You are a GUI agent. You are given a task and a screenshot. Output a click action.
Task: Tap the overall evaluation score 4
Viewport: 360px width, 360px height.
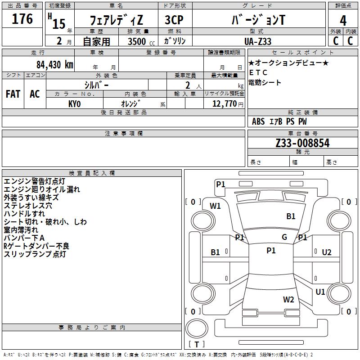(343, 21)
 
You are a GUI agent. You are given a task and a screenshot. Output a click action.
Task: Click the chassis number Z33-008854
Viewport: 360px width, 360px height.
(302, 144)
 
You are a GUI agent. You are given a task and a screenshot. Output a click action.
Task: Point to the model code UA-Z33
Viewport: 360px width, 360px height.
(258, 41)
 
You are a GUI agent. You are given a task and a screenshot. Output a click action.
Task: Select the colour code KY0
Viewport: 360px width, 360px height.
(74, 103)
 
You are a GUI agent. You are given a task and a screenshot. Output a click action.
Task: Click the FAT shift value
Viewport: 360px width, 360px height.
(13, 94)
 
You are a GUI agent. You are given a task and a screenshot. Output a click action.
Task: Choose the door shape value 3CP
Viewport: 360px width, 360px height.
(174, 20)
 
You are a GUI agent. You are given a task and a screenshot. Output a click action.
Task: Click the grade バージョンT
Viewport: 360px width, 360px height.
(258, 20)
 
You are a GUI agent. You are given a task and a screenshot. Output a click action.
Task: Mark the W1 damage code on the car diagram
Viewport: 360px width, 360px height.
(216, 206)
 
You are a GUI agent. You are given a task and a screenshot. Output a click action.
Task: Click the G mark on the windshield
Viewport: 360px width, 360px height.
(284, 237)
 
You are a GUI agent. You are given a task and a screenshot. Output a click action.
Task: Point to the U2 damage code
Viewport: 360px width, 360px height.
(327, 252)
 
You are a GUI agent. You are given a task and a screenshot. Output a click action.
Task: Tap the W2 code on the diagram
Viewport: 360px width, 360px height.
(288, 299)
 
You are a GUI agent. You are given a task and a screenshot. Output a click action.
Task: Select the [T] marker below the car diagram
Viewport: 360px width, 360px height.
(197, 345)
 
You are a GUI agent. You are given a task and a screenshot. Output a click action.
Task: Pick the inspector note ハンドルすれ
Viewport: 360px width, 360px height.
(24, 214)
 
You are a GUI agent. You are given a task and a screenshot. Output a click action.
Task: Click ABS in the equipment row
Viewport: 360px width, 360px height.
(258, 121)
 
